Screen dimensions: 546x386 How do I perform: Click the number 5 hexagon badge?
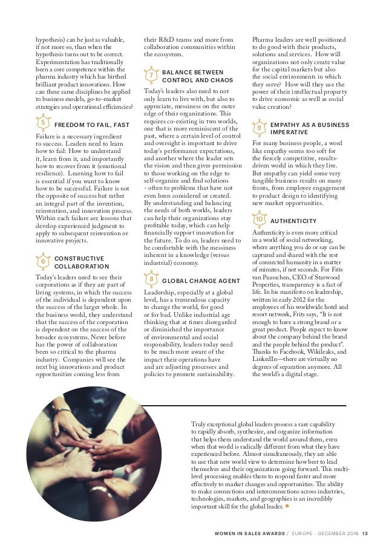[42, 124]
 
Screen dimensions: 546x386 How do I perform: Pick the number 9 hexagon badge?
[259, 128]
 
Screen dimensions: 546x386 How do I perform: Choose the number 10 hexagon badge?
[259, 219]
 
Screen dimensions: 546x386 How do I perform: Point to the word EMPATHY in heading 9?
[289, 125]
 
